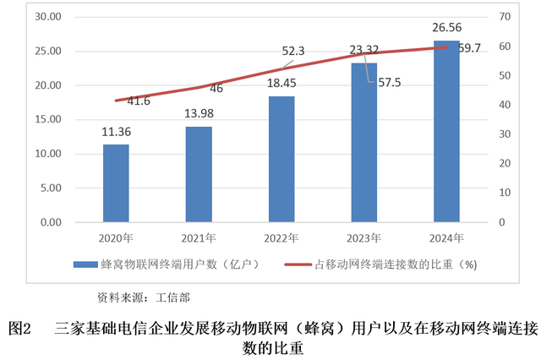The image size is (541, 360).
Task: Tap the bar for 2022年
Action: pos(281,159)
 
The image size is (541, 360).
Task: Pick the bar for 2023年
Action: pos(364,142)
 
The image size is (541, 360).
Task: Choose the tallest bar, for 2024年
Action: pos(446,131)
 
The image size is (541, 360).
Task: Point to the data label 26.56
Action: pos(446,28)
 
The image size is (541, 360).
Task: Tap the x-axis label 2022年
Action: pos(281,237)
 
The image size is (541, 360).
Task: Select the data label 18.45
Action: pos(281,84)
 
